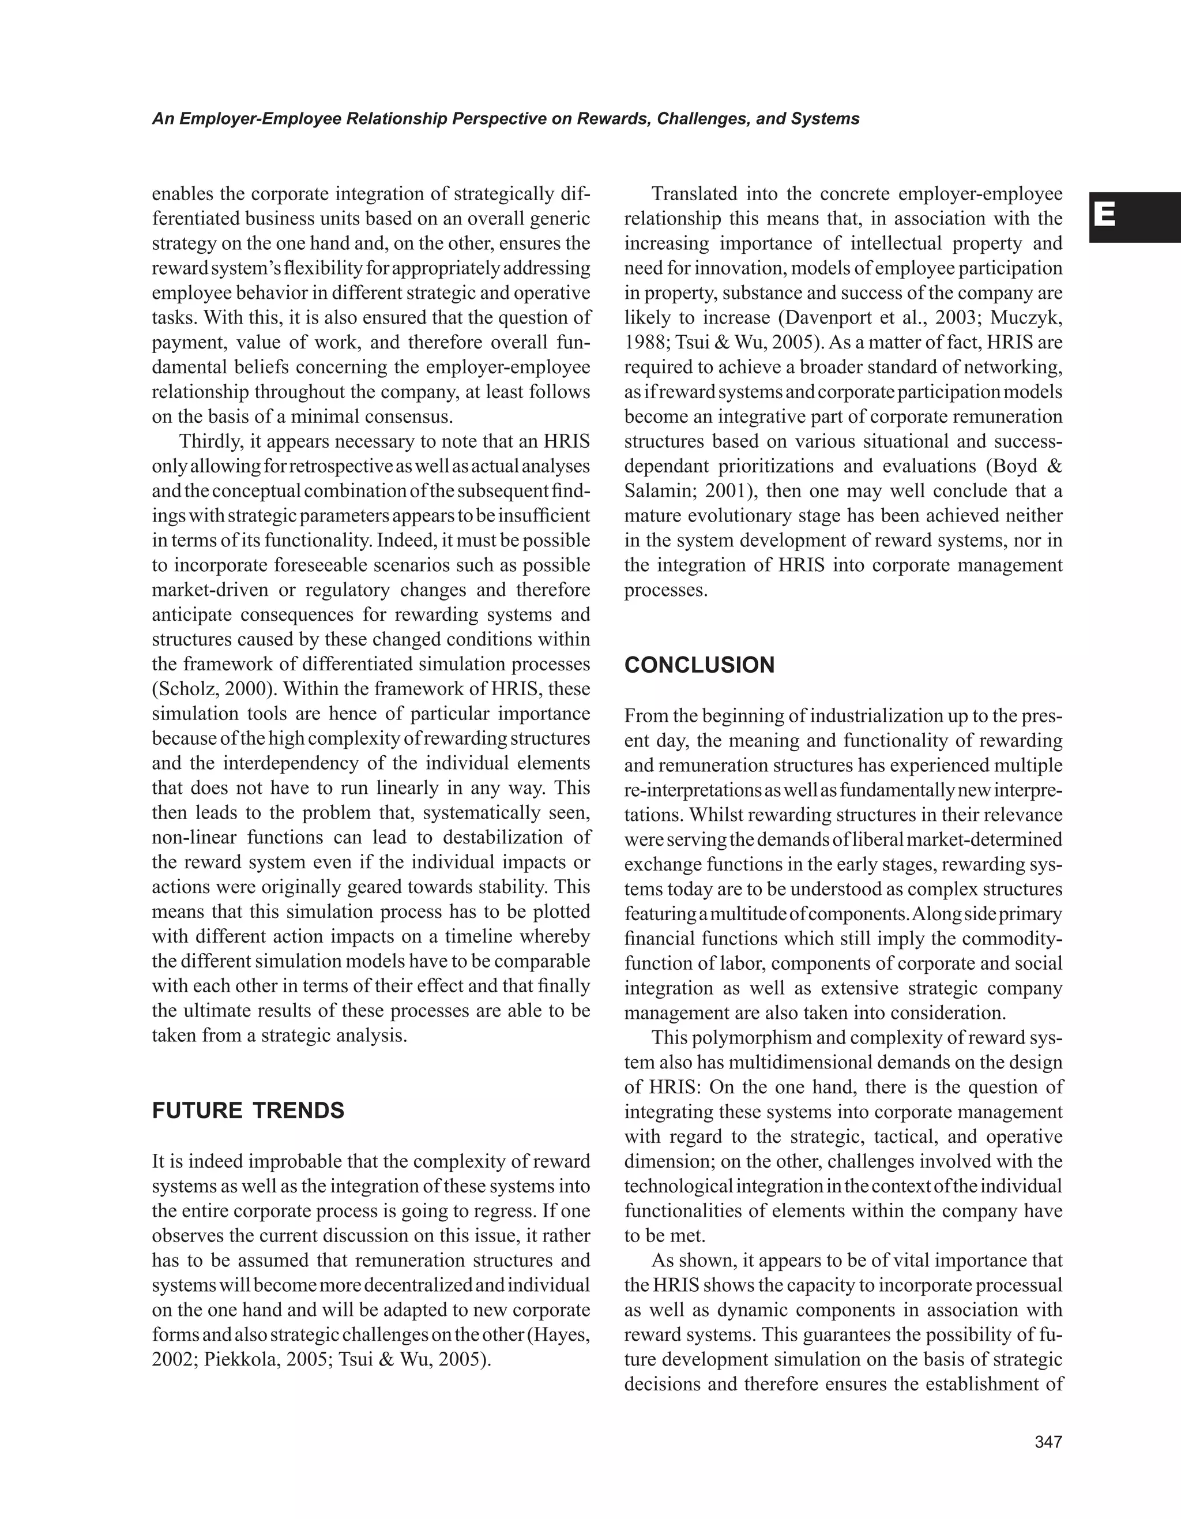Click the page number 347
click(x=1048, y=1442)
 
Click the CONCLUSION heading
click(x=699, y=665)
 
